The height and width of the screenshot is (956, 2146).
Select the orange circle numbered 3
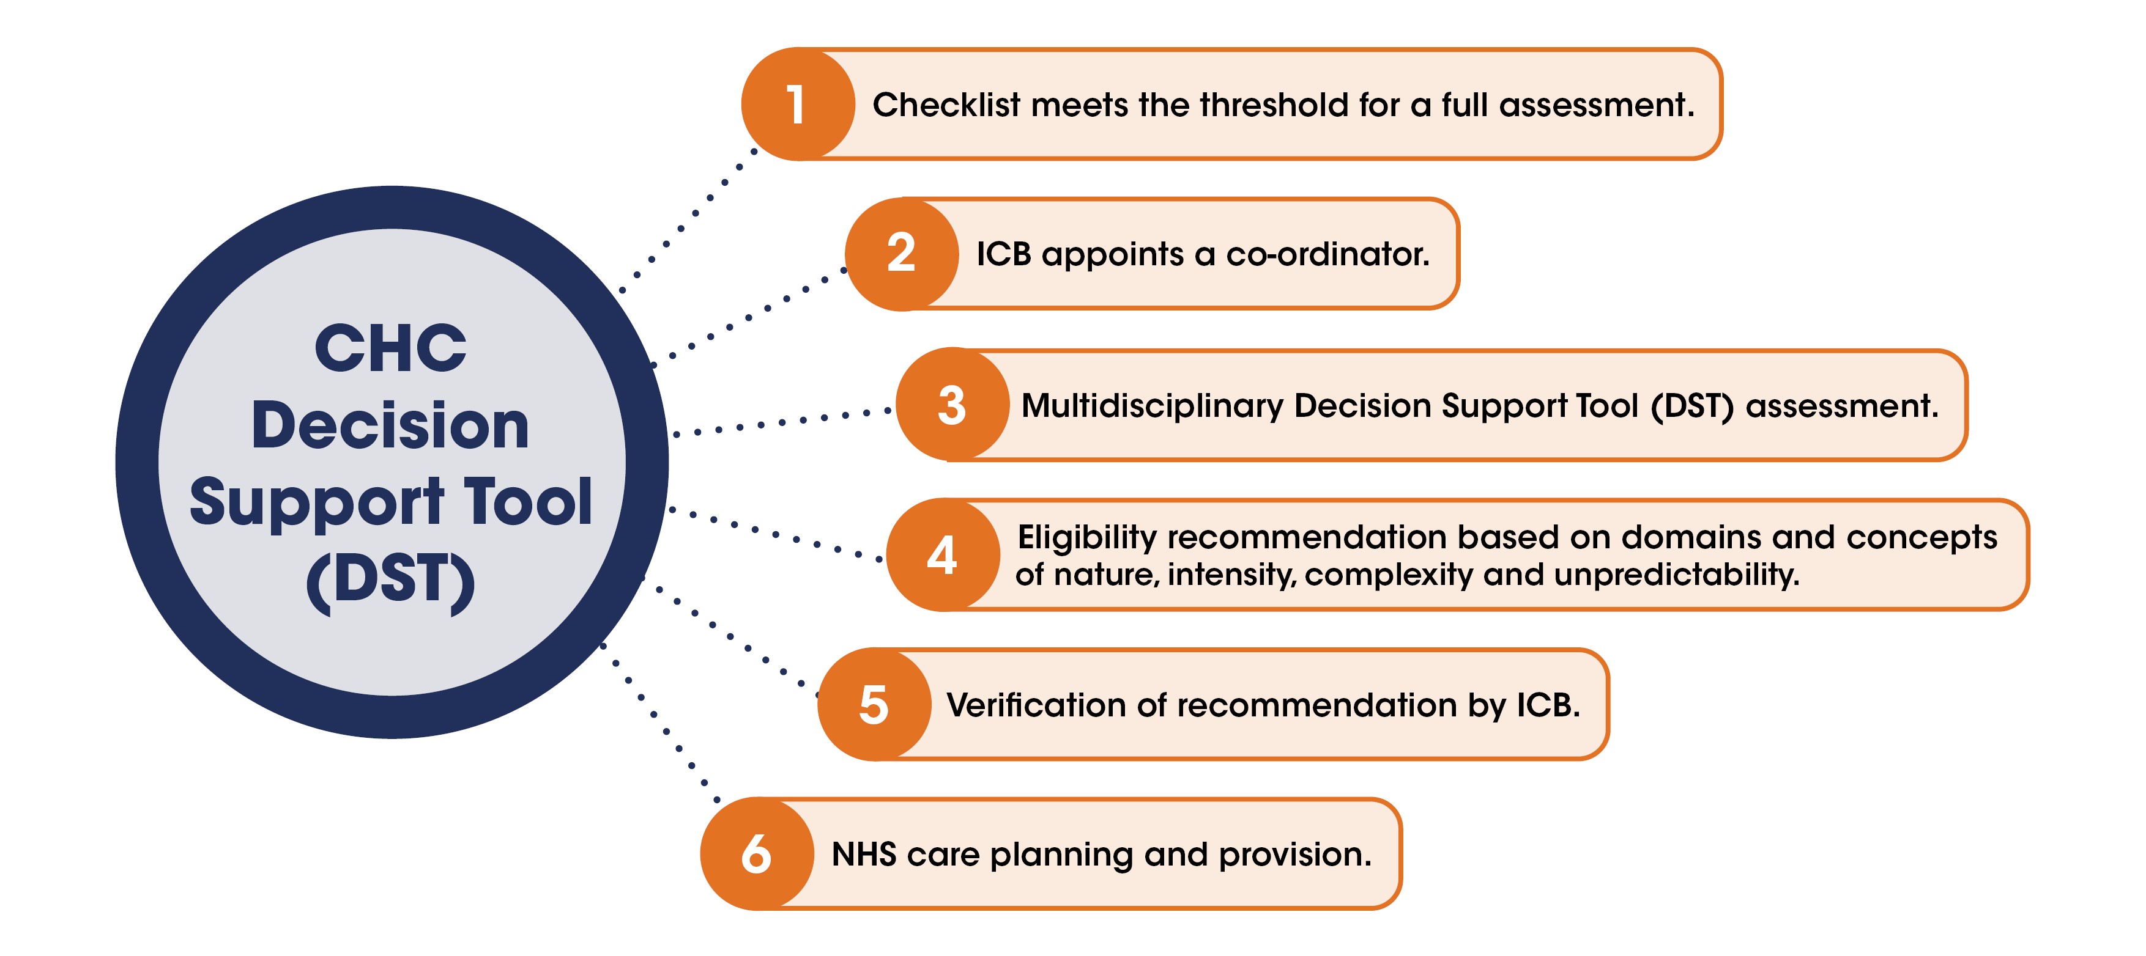point(953,405)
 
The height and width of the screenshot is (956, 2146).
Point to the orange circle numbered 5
point(874,705)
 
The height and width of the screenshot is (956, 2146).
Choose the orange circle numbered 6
point(757,855)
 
